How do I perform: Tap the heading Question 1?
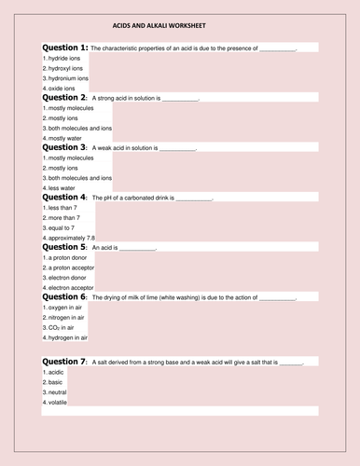tap(65, 47)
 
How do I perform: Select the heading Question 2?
tap(65, 97)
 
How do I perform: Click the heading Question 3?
tap(65, 147)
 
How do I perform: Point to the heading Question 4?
tap(65, 198)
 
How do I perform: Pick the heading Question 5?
tap(65, 248)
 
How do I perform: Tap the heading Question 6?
tap(65, 298)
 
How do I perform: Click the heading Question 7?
tap(65, 361)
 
